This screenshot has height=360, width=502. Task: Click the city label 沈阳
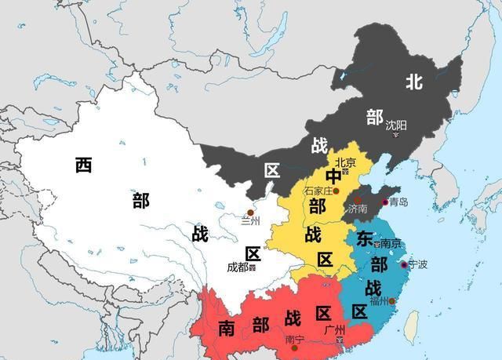[396, 124]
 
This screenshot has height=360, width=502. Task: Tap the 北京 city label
[346, 162]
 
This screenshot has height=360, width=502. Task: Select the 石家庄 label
[317, 191]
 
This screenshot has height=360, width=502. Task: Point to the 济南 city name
[358, 209]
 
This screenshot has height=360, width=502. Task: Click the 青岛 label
[398, 202]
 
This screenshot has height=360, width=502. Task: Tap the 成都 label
[238, 267]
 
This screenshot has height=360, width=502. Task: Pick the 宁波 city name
[418, 264]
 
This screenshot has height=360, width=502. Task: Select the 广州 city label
[334, 330]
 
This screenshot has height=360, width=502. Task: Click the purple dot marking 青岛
[384, 202]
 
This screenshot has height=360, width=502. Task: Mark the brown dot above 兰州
[250, 212]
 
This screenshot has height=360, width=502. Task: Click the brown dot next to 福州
[391, 300]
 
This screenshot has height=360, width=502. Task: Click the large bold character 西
[84, 165]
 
